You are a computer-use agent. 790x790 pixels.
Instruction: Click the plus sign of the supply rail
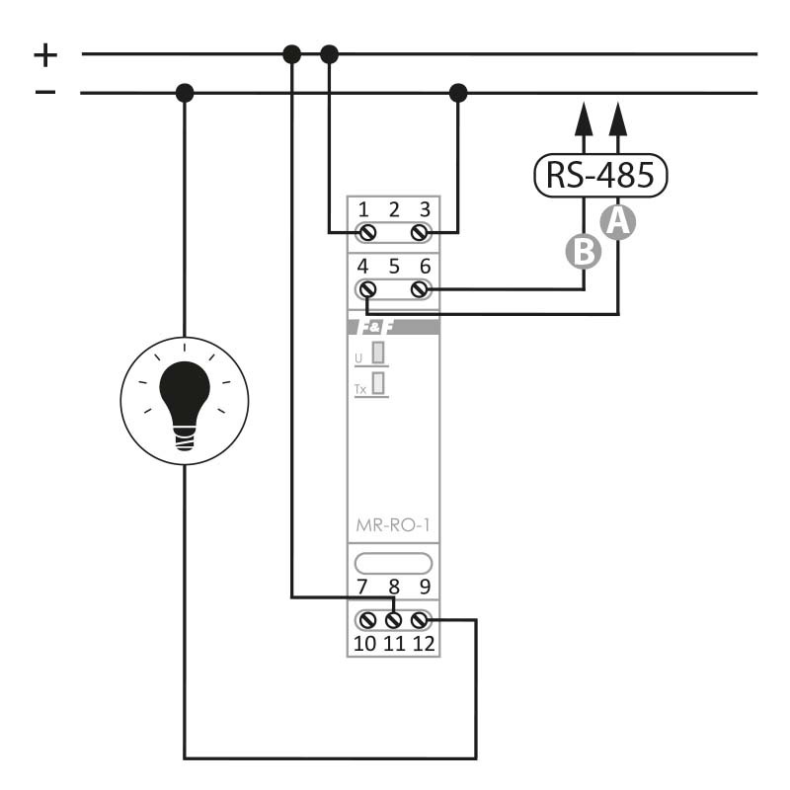pyautogui.click(x=45, y=55)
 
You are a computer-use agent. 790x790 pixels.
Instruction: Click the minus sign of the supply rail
pyautogui.click(x=45, y=92)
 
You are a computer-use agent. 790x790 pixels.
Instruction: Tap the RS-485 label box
pyautogui.click(x=600, y=176)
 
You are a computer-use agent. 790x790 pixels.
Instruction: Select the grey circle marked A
pyautogui.click(x=618, y=221)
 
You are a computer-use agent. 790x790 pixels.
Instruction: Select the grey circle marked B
pyautogui.click(x=584, y=251)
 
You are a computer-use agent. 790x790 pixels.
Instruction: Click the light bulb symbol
pyautogui.click(x=185, y=401)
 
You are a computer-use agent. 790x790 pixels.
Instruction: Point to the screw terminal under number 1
pyautogui.click(x=366, y=233)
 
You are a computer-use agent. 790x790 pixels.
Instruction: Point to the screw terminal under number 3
pyautogui.click(x=421, y=233)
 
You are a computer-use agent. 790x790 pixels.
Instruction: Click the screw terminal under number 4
pyautogui.click(x=366, y=289)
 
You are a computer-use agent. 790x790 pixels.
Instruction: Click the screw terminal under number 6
pyautogui.click(x=421, y=289)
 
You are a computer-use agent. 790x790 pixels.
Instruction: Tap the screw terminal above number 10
pyautogui.click(x=366, y=620)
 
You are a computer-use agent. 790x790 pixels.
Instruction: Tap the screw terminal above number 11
pyautogui.click(x=393, y=620)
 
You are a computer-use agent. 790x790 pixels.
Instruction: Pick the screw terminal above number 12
pyautogui.click(x=421, y=620)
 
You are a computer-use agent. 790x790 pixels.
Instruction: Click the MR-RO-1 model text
pyautogui.click(x=393, y=525)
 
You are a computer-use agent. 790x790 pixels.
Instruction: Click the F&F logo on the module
pyautogui.click(x=375, y=328)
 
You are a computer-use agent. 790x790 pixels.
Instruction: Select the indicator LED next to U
pyautogui.click(x=378, y=353)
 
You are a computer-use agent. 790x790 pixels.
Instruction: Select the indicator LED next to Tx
pyautogui.click(x=378, y=383)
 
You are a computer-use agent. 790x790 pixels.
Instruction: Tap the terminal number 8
pyautogui.click(x=393, y=587)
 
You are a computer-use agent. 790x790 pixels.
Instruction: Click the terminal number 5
pyautogui.click(x=394, y=267)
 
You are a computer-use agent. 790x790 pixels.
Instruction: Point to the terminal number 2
pyautogui.click(x=394, y=209)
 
